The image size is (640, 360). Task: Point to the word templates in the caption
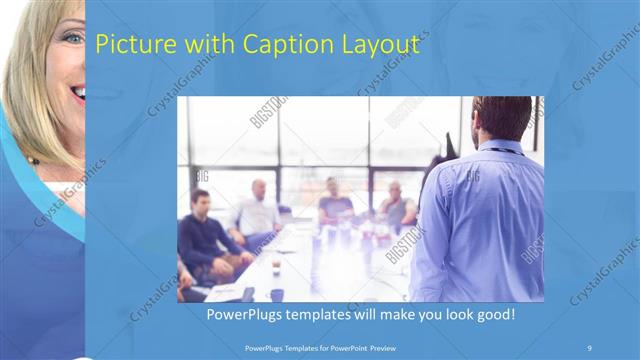point(319,315)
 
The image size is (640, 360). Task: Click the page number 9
point(589,347)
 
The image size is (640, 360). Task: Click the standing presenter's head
point(501,118)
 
